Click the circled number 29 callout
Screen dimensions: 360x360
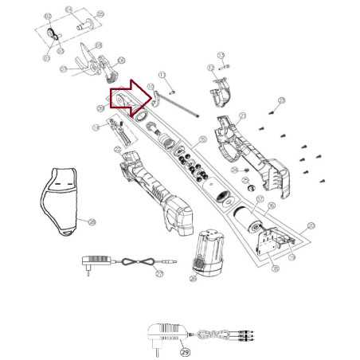coord(185,350)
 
